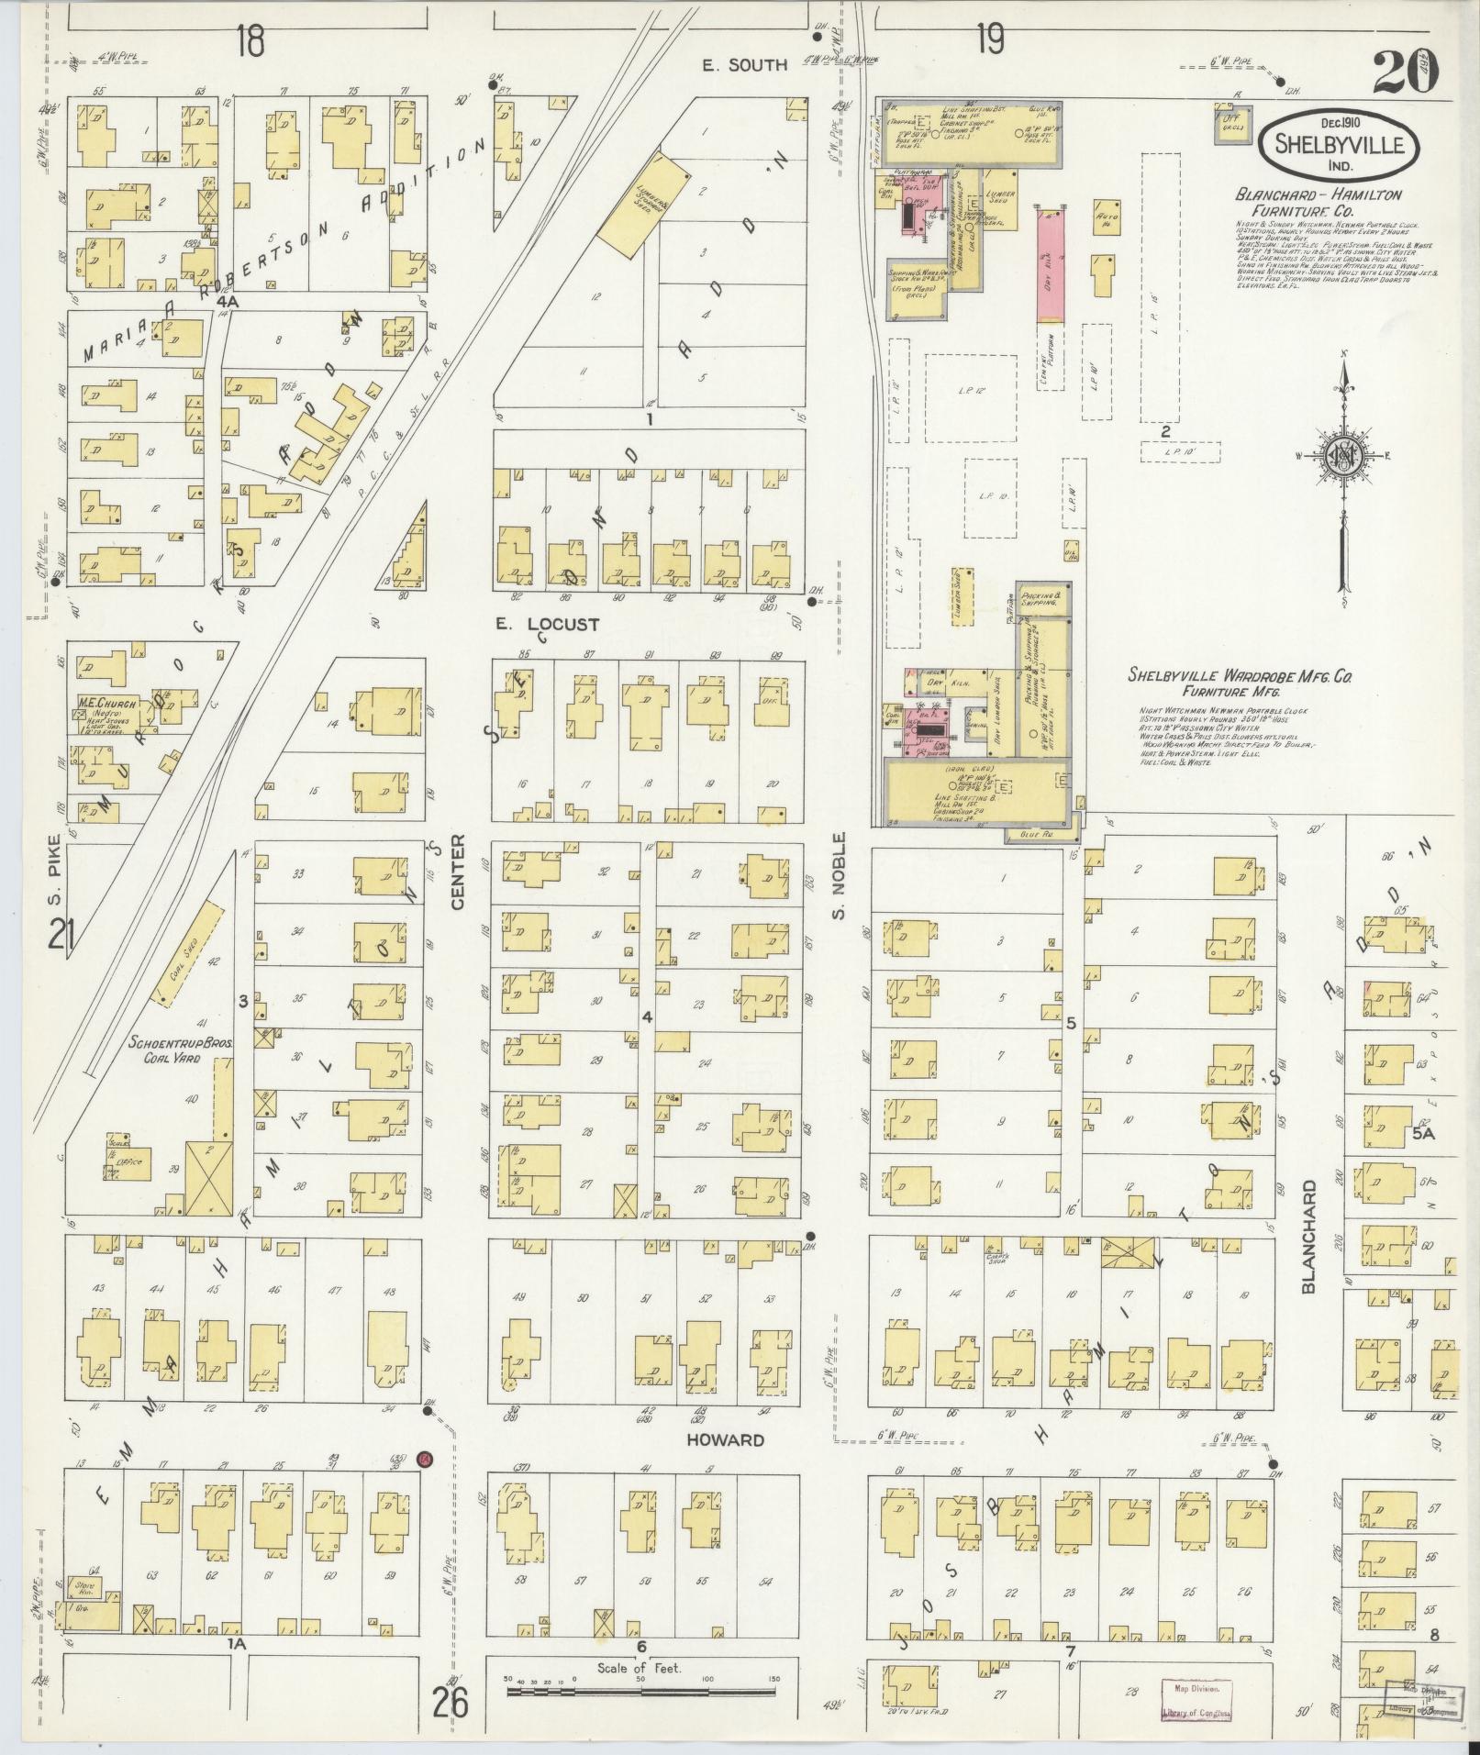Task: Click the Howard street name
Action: click(x=725, y=1439)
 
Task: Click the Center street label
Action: click(x=458, y=872)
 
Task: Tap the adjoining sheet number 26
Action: click(x=452, y=1702)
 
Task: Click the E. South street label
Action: click(x=757, y=64)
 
